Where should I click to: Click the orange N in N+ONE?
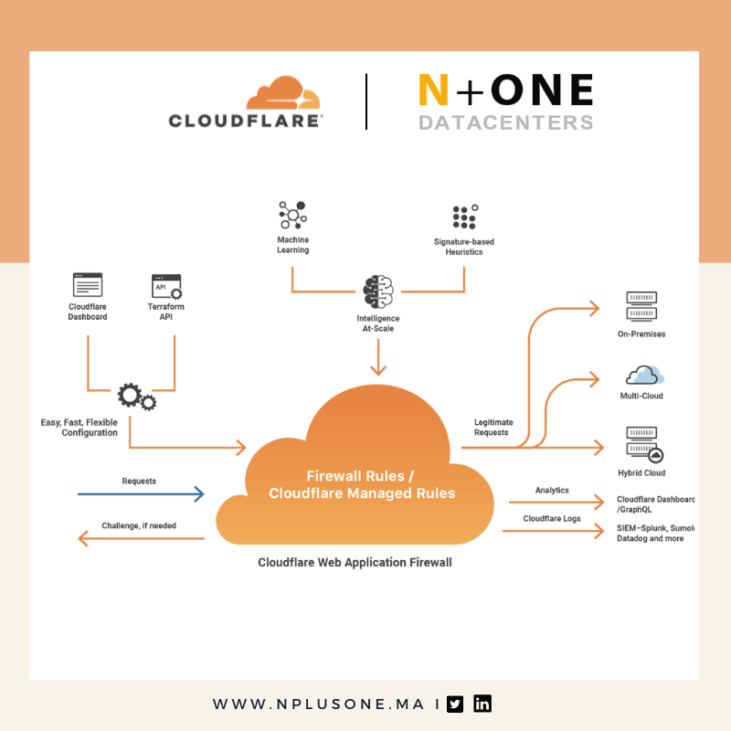click(434, 91)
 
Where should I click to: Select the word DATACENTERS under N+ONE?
click(505, 122)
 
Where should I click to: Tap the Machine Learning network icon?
click(292, 216)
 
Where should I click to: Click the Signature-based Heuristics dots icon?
click(464, 217)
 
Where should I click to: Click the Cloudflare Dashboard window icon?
click(88, 285)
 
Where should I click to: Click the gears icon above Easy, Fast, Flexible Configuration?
click(136, 397)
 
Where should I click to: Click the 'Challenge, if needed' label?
click(139, 525)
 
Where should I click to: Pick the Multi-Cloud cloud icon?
click(644, 375)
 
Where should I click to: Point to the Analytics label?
click(552, 490)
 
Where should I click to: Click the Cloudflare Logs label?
click(552, 518)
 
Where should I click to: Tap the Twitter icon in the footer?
click(455, 704)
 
